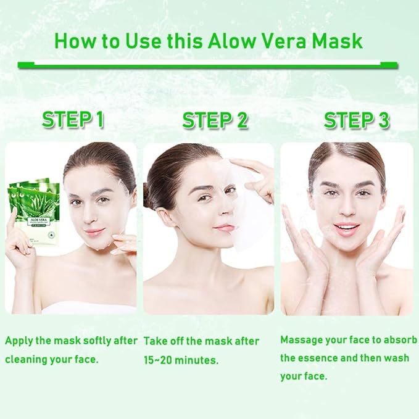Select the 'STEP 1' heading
(73, 120)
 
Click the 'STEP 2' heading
(215, 120)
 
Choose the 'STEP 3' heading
(357, 120)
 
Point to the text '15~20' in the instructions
(159, 360)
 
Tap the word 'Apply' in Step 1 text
(18, 341)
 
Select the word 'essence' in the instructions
(320, 358)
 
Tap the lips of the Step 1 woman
(94, 232)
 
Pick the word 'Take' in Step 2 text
(156, 341)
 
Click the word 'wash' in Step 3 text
(396, 358)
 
